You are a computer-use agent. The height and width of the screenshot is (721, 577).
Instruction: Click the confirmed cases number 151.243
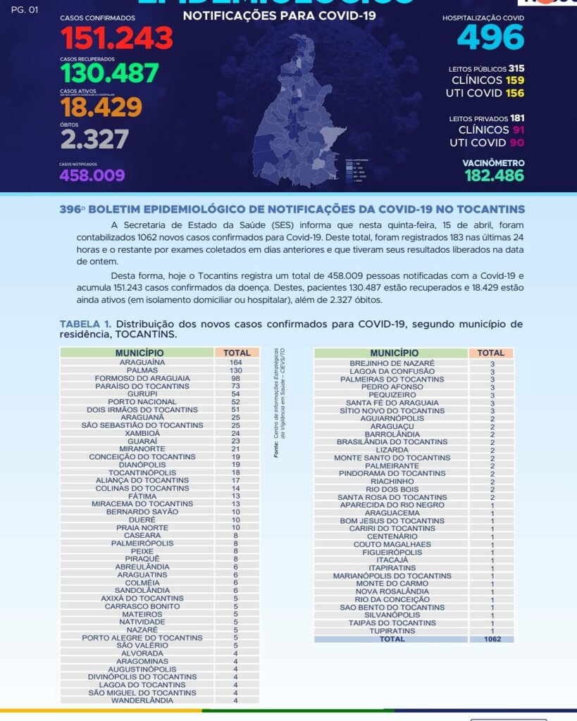click(x=116, y=38)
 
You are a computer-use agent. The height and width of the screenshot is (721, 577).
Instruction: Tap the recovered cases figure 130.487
click(x=109, y=73)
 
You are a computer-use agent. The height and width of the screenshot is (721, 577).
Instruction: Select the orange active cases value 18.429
click(x=101, y=107)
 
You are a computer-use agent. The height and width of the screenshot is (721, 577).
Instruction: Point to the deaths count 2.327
click(x=94, y=139)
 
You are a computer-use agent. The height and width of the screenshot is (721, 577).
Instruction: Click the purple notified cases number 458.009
click(x=92, y=175)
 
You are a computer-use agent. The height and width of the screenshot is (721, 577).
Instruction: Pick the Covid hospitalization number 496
click(x=490, y=37)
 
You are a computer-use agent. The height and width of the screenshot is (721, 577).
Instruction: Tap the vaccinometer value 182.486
click(x=494, y=175)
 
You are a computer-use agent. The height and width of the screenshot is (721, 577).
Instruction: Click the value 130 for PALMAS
click(x=235, y=370)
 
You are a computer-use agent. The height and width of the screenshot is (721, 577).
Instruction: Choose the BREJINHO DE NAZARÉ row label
click(x=392, y=363)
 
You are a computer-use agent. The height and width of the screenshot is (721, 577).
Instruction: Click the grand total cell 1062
click(x=492, y=639)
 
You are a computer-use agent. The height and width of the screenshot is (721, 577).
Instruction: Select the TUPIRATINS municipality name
click(x=392, y=631)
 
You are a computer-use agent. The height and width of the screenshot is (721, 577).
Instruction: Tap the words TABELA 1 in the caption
click(x=85, y=325)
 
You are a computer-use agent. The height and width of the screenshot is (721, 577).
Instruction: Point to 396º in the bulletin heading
click(x=73, y=210)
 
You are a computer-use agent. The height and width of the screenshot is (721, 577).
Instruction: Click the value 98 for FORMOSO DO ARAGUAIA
click(x=235, y=378)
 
